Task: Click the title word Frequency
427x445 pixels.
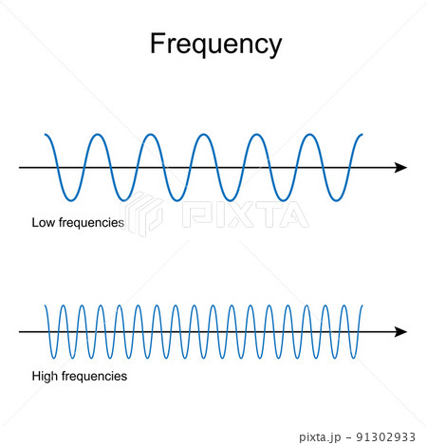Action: tap(215, 45)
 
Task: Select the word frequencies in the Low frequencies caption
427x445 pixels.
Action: tap(91, 223)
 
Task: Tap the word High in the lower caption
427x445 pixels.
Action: tap(45, 377)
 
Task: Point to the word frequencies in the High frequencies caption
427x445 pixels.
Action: tap(94, 377)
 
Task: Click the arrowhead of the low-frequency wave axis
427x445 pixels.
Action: tap(400, 168)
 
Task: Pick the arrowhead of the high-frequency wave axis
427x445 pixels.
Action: tap(400, 332)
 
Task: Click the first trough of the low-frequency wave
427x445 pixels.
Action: tap(71, 200)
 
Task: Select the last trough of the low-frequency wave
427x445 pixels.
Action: tap(336, 200)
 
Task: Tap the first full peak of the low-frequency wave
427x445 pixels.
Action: tap(98, 135)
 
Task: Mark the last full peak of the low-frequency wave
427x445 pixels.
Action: tap(310, 135)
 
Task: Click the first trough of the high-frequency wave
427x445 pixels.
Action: tap(54, 358)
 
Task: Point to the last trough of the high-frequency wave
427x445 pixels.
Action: tap(354, 358)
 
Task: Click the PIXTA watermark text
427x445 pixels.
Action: tap(245, 214)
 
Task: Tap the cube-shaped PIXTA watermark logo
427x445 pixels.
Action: tap(141, 213)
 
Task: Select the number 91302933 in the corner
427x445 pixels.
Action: tap(385, 437)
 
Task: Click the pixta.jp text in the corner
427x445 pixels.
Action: tap(320, 437)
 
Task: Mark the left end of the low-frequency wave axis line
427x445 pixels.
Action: tap(19, 168)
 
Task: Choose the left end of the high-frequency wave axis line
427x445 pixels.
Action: tap(19, 332)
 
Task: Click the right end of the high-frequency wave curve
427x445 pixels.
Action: tap(362, 306)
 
